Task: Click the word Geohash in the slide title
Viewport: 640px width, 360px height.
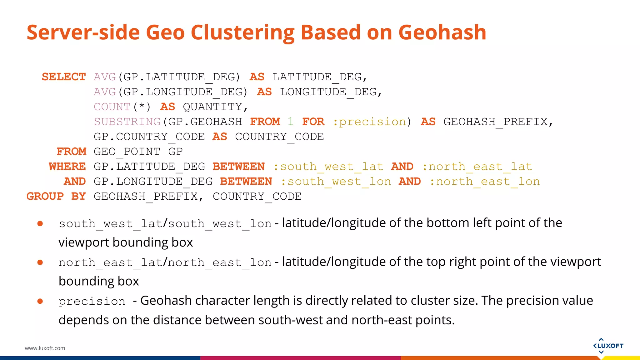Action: point(442,32)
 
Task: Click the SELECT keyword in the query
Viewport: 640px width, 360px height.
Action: point(64,77)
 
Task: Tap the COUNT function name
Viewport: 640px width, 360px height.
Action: point(112,107)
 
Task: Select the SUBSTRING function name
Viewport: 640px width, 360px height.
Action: point(127,122)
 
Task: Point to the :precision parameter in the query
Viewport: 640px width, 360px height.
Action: point(370,122)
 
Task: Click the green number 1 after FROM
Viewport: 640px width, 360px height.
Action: point(291,122)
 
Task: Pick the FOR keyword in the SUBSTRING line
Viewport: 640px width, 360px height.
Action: point(313,122)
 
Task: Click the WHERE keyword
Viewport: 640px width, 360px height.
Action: point(67,167)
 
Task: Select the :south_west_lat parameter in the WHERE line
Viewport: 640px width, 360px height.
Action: point(328,167)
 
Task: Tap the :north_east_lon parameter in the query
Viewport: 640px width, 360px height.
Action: point(485,182)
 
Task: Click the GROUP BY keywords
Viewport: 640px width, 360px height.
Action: point(56,197)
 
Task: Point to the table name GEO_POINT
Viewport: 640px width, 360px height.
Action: point(127,152)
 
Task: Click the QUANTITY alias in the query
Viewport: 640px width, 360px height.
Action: point(212,107)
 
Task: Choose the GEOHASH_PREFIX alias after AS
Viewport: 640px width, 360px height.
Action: point(496,122)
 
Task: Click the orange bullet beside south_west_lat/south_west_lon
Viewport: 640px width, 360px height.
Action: point(40,223)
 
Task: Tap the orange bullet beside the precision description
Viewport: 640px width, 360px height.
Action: point(40,301)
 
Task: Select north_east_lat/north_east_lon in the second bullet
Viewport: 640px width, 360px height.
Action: point(165,262)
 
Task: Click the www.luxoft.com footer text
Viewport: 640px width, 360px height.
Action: point(45,348)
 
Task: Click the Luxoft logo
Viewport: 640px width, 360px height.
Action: point(608,346)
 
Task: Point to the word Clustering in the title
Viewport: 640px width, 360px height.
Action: point(242,32)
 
